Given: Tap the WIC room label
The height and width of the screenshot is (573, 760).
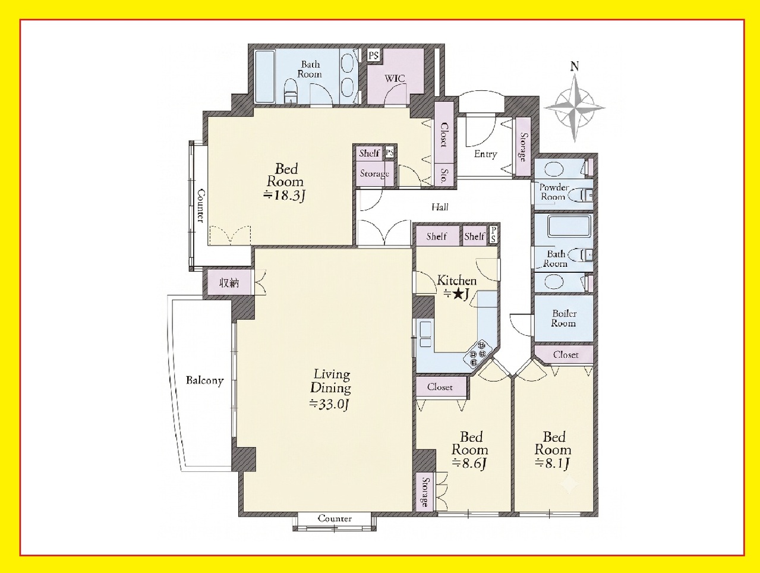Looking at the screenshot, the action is click(395, 78).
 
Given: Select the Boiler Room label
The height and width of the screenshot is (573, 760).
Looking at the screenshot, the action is click(564, 319).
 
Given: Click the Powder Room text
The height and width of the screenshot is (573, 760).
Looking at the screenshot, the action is click(554, 192).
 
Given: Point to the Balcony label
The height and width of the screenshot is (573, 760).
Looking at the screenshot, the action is click(204, 380).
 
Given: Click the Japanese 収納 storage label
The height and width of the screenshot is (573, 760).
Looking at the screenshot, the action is click(229, 283).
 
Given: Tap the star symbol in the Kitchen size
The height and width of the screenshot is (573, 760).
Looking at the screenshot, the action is click(458, 294).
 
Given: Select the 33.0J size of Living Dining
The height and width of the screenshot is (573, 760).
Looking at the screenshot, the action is click(329, 404).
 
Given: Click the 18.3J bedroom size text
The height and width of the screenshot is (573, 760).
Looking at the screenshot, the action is click(285, 196).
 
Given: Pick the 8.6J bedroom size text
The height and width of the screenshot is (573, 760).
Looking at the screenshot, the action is click(470, 463).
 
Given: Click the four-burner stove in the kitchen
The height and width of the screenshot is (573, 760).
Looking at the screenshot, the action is click(478, 354).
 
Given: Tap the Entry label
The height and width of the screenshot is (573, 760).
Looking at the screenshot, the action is click(485, 154).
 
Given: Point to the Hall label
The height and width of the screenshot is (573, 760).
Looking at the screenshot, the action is click(440, 207).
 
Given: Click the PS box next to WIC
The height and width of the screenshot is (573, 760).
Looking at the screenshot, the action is click(373, 55).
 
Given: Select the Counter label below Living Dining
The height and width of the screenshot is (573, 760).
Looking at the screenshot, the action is click(335, 518).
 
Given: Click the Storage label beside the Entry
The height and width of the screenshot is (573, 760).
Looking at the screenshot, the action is click(524, 147).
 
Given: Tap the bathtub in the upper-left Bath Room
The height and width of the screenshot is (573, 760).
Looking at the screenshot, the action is click(265, 76).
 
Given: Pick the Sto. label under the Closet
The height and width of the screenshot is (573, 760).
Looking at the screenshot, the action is click(444, 175).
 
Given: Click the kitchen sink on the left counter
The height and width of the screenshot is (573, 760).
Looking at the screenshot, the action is click(425, 334).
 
